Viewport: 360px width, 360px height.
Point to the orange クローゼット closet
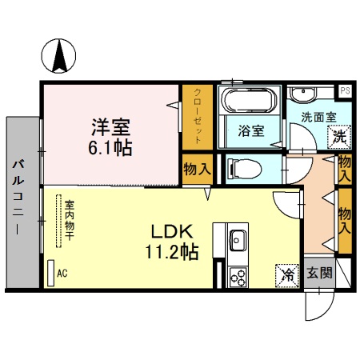coord(197,116)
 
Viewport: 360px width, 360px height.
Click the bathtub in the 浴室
coord(248,102)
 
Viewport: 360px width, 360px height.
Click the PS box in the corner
coord(345,90)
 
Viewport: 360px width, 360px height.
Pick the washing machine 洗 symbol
coord(340,136)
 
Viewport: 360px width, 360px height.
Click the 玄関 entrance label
coord(321,272)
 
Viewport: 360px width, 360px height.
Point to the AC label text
coord(62,273)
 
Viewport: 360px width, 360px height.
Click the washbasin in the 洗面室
coord(305,97)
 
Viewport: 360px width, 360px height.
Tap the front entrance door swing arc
coord(322,308)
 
